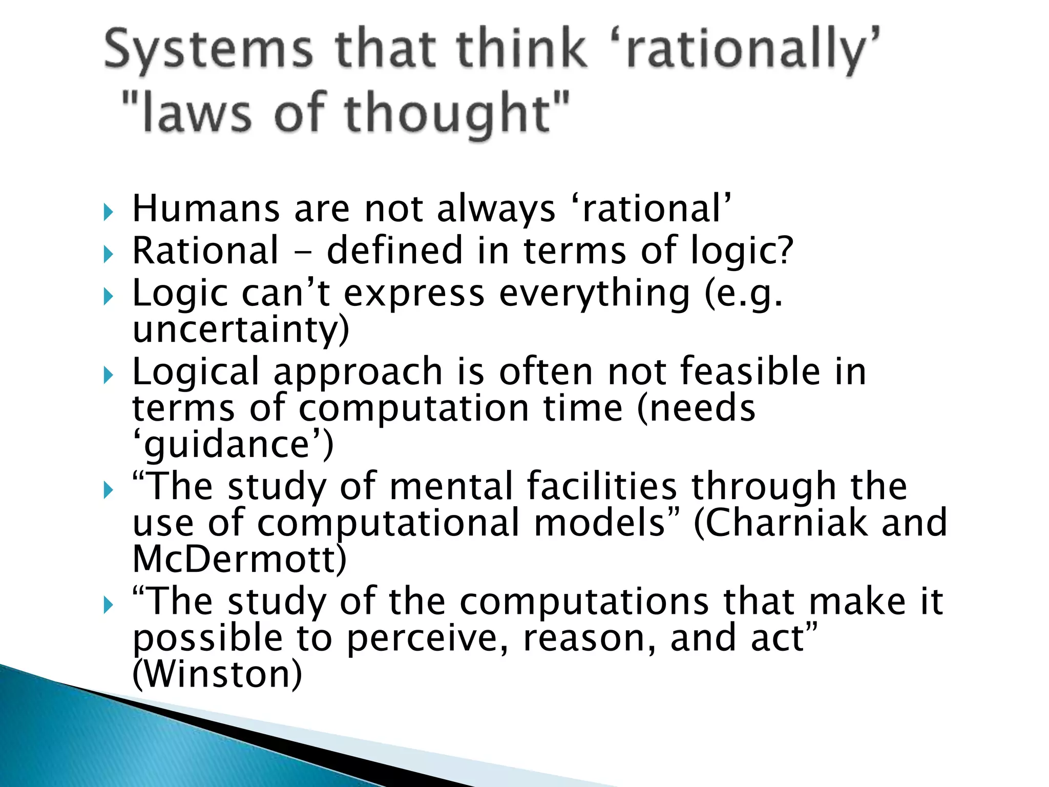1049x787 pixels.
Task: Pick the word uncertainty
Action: [x=241, y=329]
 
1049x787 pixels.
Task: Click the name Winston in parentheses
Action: [x=217, y=674]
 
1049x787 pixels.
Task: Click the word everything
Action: [x=595, y=294]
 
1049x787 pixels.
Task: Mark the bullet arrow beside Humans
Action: [x=107, y=212]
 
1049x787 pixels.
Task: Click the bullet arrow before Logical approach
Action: [x=107, y=376]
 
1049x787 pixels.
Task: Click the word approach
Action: [x=358, y=372]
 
